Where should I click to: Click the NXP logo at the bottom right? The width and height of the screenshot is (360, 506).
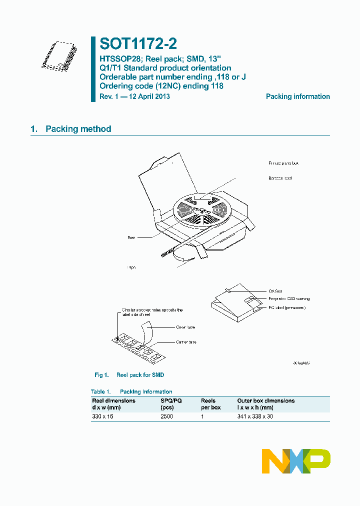click(296, 460)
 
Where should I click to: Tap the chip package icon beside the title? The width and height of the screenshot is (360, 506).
click(59, 54)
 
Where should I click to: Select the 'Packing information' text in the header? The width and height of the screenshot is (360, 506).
click(297, 96)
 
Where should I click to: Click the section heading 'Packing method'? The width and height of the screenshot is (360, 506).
click(78, 129)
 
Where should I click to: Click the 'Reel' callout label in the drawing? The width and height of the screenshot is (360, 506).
click(131, 237)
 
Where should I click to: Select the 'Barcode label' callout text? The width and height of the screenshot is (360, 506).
click(280, 178)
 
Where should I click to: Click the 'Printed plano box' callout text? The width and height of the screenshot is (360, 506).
click(283, 163)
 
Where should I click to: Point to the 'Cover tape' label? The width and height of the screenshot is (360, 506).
click(185, 327)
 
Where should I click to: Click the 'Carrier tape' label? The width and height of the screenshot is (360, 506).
click(186, 342)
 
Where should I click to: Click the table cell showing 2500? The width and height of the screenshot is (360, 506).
click(166, 416)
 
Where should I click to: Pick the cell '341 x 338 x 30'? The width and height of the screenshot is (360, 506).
click(255, 416)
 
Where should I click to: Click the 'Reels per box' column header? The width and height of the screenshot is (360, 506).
click(210, 404)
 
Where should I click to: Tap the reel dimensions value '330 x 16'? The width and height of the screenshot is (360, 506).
click(102, 416)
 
